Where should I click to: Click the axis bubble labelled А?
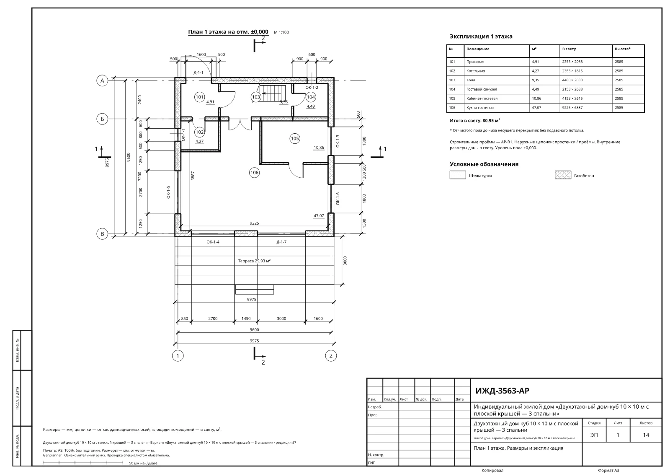tap(102, 80)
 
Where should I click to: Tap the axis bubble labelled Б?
tap(102, 119)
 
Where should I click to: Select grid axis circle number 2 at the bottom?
tap(331, 356)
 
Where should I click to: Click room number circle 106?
tap(254, 173)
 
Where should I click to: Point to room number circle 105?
tap(295, 138)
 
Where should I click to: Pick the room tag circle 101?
tap(199, 97)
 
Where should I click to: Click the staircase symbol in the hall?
tap(272, 93)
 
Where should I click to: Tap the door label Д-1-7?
tap(281, 242)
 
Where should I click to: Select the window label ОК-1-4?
tap(213, 242)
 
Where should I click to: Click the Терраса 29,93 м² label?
tap(254, 261)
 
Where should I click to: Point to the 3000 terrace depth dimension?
tap(345, 261)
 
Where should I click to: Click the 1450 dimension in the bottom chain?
tap(246, 319)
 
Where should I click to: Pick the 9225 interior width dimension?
tap(254, 223)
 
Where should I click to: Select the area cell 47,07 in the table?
tap(536, 107)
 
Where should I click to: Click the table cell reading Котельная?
tap(476, 71)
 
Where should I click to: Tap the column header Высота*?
tap(623, 49)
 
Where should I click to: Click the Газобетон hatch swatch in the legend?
tap(563, 175)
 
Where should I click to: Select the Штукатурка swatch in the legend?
tap(458, 175)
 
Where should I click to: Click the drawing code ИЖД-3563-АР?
tap(502, 391)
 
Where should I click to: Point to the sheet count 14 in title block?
tap(646, 435)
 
